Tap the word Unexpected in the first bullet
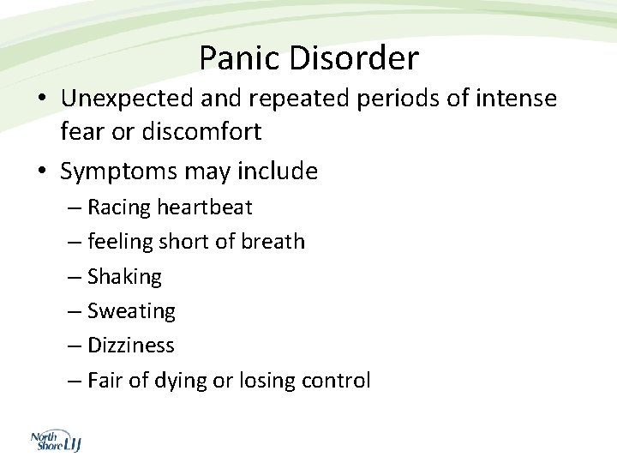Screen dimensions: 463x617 (x=128, y=99)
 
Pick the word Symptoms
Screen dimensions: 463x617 (x=117, y=171)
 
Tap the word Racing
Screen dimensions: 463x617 (x=119, y=207)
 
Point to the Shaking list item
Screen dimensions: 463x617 (x=124, y=277)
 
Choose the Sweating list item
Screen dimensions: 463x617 (x=131, y=311)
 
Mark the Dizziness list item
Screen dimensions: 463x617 (x=130, y=346)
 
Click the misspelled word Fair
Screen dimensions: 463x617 (x=105, y=381)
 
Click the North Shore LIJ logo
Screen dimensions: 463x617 (x=55, y=441)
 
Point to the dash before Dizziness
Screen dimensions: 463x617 (x=74, y=346)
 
